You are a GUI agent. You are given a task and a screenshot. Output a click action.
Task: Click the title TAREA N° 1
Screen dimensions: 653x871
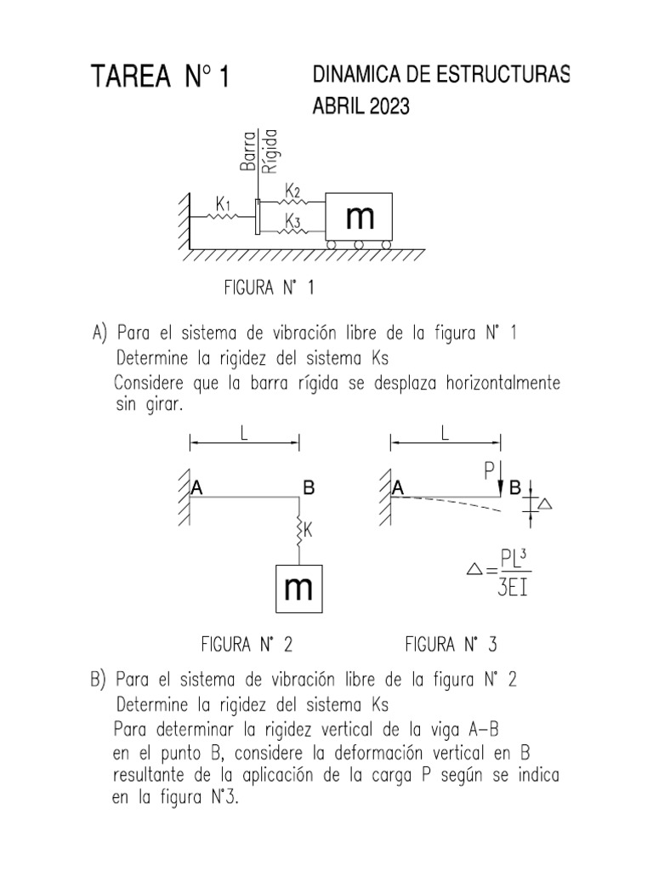click(161, 78)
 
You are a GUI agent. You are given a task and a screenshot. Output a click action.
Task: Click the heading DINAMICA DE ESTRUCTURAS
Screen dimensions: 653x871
click(441, 75)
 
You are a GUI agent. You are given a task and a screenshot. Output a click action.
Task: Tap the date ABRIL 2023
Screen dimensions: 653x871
click(361, 107)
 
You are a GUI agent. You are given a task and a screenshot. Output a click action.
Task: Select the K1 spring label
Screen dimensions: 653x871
click(224, 204)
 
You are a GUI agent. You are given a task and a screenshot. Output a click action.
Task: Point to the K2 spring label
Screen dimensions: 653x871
click(292, 189)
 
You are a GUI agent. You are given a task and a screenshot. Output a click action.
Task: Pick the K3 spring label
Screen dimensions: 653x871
click(292, 221)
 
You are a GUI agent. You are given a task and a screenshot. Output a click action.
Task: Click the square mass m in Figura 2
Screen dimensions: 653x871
click(298, 589)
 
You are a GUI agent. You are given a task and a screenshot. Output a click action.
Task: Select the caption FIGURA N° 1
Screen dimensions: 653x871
click(269, 288)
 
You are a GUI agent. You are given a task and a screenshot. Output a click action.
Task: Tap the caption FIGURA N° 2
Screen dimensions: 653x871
click(247, 644)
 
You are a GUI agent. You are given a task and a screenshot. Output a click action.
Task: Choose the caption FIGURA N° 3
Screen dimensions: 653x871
click(451, 644)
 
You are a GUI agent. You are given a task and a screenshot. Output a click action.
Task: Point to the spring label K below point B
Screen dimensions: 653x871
click(309, 531)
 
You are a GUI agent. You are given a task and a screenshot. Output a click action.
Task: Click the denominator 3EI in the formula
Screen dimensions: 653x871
click(513, 589)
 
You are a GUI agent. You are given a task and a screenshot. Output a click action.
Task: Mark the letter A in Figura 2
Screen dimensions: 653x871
click(197, 488)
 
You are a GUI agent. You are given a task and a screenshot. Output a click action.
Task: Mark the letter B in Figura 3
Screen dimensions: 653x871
click(514, 489)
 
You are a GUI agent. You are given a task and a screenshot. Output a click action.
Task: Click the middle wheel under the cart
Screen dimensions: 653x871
click(359, 245)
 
